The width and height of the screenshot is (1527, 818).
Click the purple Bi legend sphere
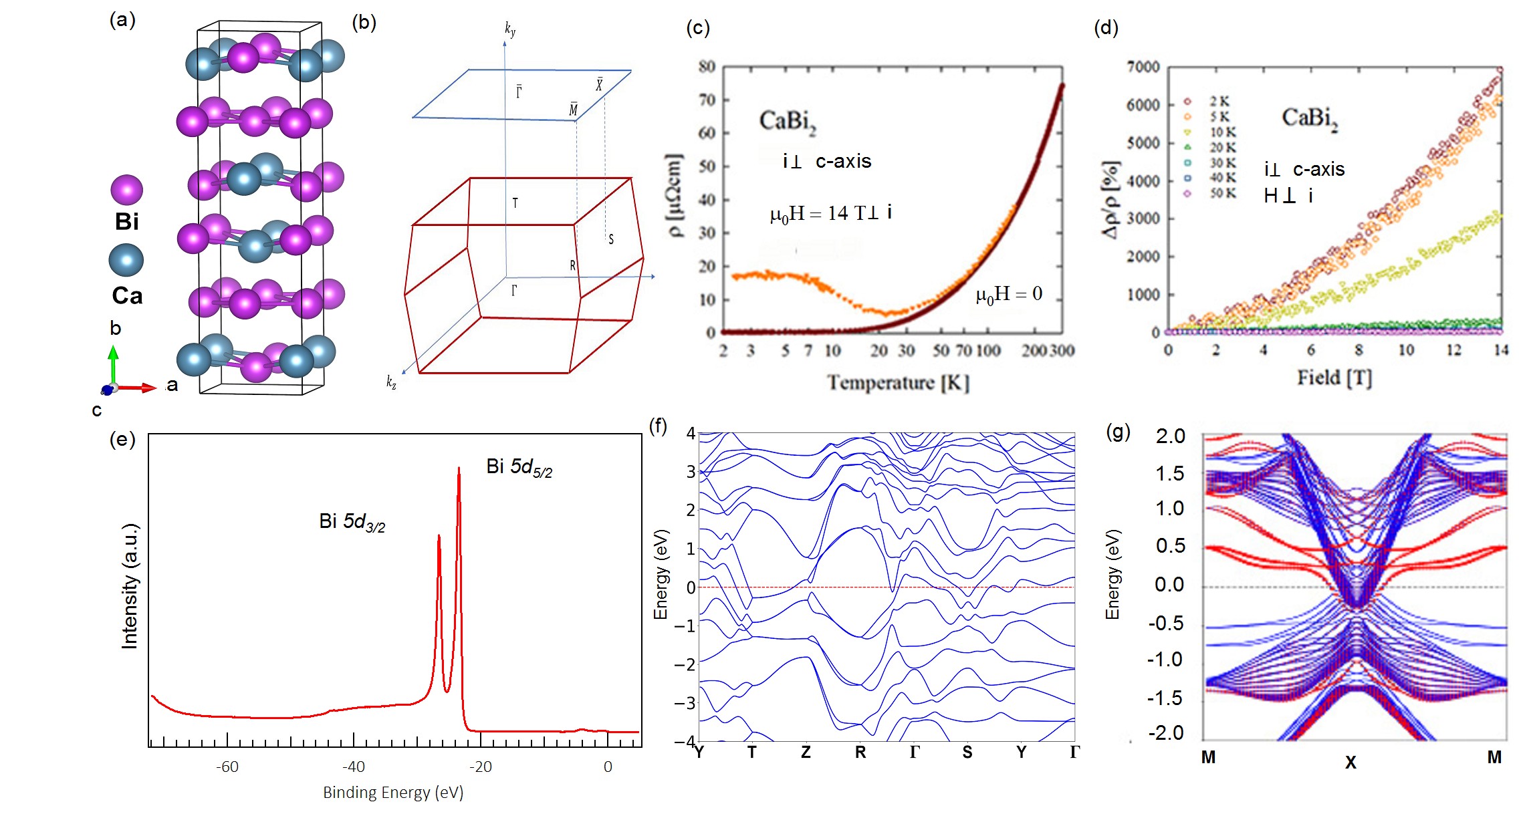pyautogui.click(x=126, y=190)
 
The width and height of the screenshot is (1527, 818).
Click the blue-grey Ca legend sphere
pyautogui.click(x=126, y=260)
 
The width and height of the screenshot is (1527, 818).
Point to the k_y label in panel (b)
pyautogui.click(x=510, y=29)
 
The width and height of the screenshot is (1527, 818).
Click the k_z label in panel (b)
pyautogui.click(x=391, y=382)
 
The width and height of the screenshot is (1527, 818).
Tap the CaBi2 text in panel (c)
pyautogui.click(x=788, y=122)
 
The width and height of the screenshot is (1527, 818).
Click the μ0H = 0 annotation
pyautogui.click(x=1009, y=294)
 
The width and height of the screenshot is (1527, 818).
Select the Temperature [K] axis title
pyautogui.click(x=898, y=382)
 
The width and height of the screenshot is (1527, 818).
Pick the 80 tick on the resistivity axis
pyautogui.click(x=707, y=67)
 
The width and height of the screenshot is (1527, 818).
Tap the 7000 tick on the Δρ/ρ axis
pyautogui.click(x=1143, y=67)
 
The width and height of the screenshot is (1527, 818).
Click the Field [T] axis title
pyautogui.click(x=1334, y=378)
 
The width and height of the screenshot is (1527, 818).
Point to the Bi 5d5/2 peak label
pyautogui.click(x=519, y=467)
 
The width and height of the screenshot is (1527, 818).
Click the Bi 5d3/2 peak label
pyautogui.click(x=352, y=522)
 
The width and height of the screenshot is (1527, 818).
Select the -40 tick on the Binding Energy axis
pyautogui.click(x=353, y=767)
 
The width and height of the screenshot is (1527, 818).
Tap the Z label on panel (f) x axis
pyautogui.click(x=806, y=753)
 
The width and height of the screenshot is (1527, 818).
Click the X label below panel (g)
pyautogui.click(x=1350, y=762)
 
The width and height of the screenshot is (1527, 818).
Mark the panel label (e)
pyautogui.click(x=122, y=439)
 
